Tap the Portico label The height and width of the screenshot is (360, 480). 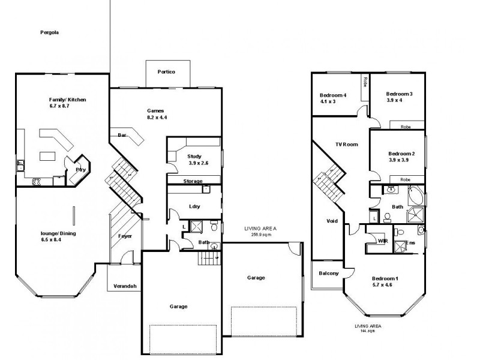(166, 72)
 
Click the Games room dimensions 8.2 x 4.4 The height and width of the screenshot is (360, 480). (156, 118)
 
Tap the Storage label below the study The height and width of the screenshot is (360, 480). (193, 181)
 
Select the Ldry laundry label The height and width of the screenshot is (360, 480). (194, 206)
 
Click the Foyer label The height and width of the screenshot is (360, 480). (125, 236)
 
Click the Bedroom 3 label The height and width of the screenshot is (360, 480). (399, 94)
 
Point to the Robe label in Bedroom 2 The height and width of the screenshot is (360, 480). (405, 179)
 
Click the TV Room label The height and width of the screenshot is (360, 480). (346, 144)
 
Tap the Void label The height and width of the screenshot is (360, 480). (332, 221)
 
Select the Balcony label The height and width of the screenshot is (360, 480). (329, 274)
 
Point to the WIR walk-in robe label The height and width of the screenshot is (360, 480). (382, 241)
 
